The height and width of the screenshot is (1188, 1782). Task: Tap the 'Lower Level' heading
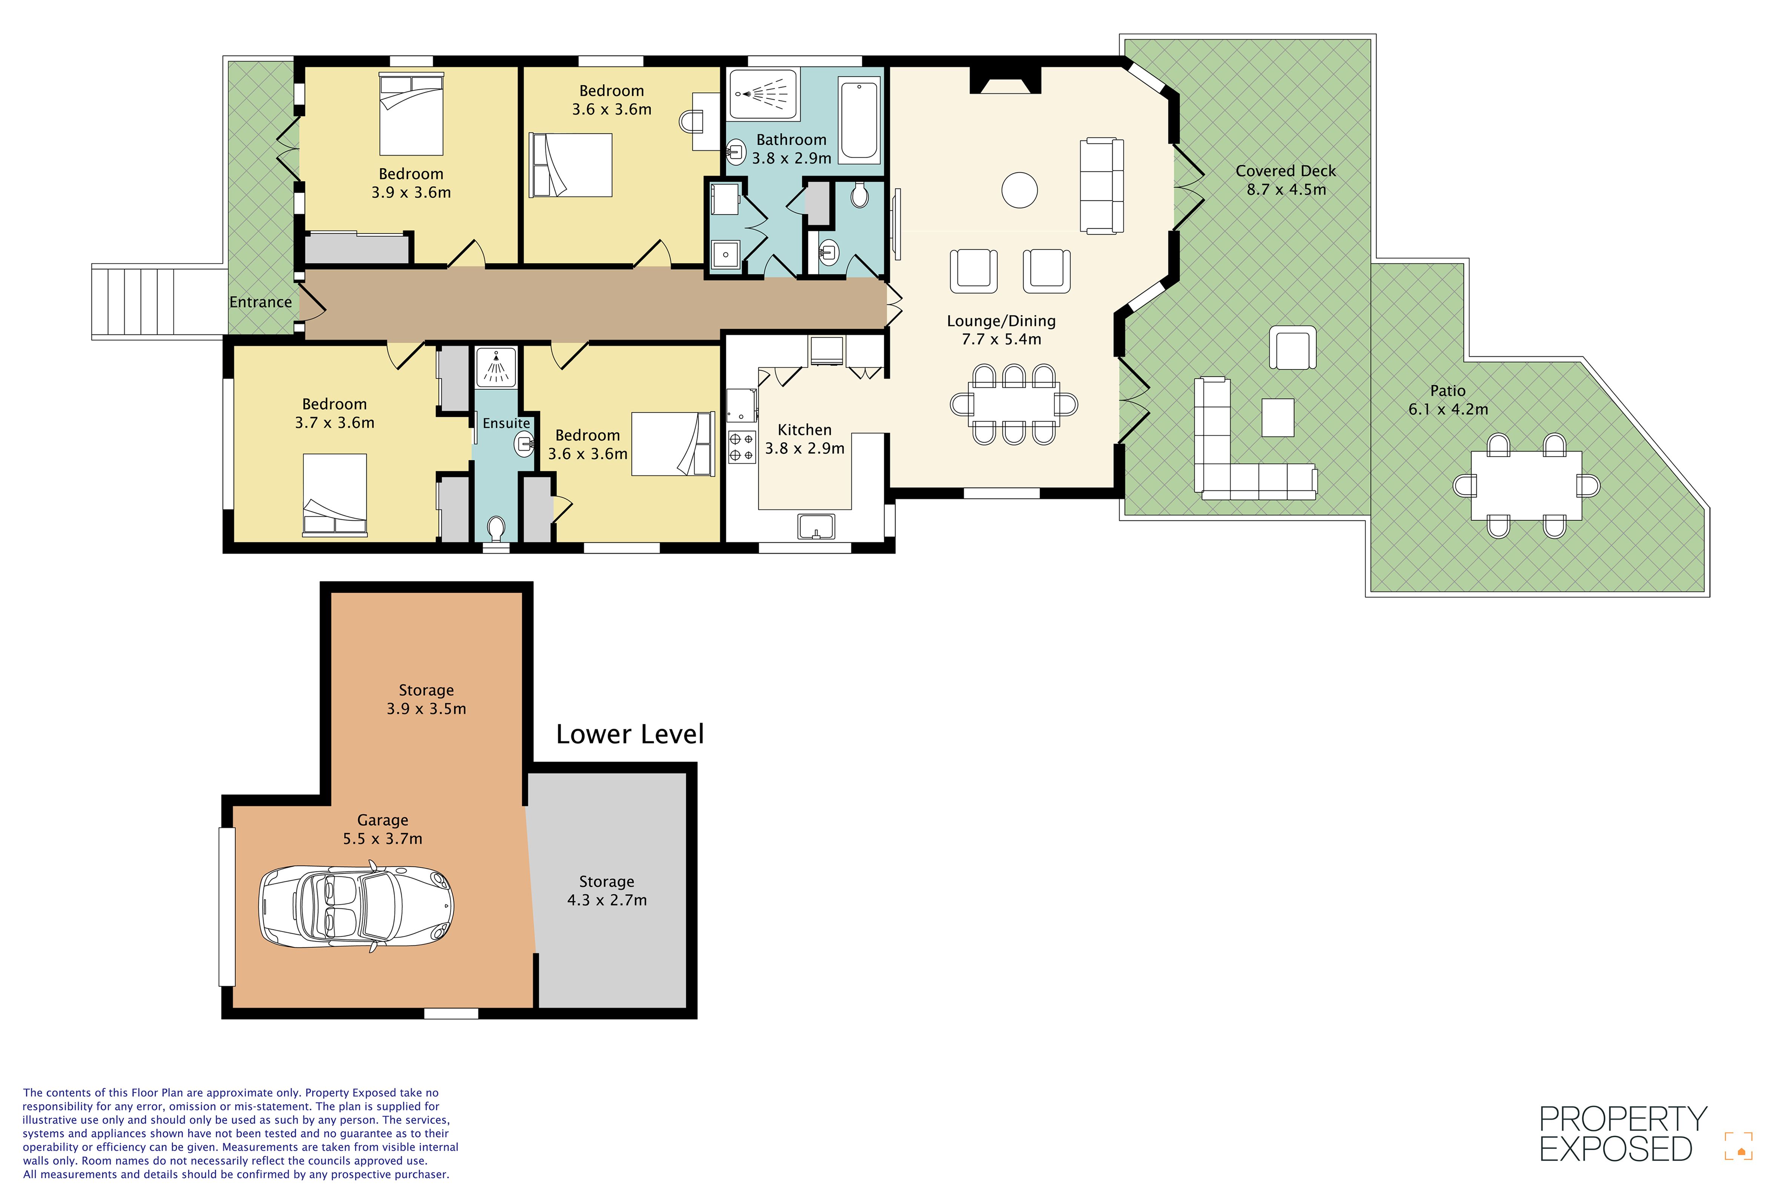(630, 734)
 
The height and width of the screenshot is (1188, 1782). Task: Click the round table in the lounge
(1019, 190)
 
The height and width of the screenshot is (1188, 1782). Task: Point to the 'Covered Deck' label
(1286, 171)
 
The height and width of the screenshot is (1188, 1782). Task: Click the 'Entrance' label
(261, 302)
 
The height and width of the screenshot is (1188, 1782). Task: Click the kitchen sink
(815, 527)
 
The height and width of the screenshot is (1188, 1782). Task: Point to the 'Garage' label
(383, 821)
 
